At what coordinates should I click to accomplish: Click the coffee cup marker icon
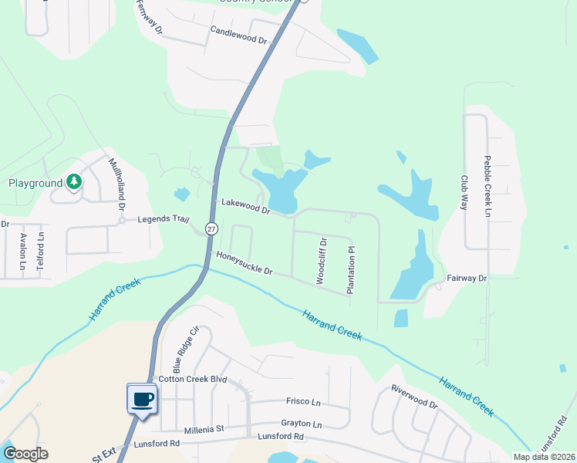tap(140, 400)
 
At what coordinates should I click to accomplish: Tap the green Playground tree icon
tap(73, 183)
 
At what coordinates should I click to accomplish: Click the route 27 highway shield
tap(211, 228)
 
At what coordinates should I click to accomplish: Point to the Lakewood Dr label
tap(245, 206)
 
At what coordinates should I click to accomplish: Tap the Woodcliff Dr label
tap(322, 262)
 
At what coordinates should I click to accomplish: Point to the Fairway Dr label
tap(467, 278)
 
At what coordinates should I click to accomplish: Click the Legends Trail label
tap(163, 219)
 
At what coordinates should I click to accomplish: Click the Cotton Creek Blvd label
tap(192, 380)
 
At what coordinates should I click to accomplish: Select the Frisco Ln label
tap(303, 402)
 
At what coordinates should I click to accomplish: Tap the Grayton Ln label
tap(302, 424)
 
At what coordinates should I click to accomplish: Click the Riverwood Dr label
tap(414, 397)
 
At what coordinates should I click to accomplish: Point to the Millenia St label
tap(204, 429)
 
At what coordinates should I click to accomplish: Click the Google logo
tap(25, 454)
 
